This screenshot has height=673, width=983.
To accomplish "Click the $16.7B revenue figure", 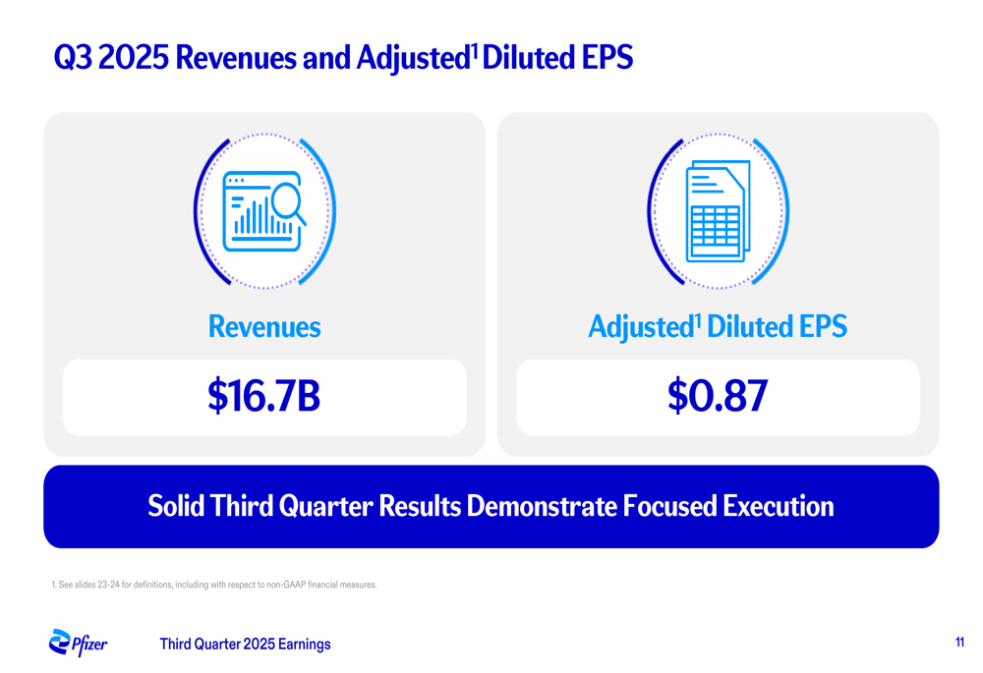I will coord(263,396).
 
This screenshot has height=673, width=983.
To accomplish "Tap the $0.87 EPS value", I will coord(717,396).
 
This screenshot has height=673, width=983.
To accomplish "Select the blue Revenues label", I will coord(263,326).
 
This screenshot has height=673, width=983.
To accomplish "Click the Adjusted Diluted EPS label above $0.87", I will coord(717,326).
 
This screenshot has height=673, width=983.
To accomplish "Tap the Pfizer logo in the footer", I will coord(78,644).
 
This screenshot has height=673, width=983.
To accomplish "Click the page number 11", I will coord(958,643).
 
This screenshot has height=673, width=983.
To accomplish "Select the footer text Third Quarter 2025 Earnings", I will coord(245,645).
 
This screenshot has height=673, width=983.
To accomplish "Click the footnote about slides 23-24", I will coord(213,585).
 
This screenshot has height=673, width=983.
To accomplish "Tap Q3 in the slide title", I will coord(73,58).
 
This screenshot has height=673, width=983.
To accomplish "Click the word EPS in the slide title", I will coord(607,58).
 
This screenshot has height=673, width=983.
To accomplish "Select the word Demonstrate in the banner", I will coord(541,507).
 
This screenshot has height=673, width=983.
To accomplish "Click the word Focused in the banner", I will coord(669,507).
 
